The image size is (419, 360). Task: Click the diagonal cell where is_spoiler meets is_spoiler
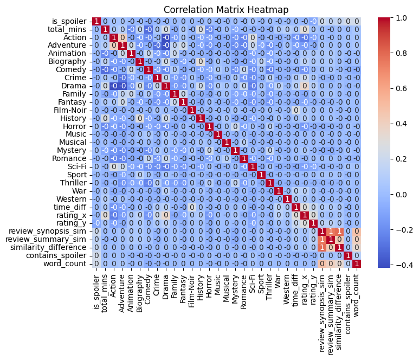96,21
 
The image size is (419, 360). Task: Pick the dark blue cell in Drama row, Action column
113,86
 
